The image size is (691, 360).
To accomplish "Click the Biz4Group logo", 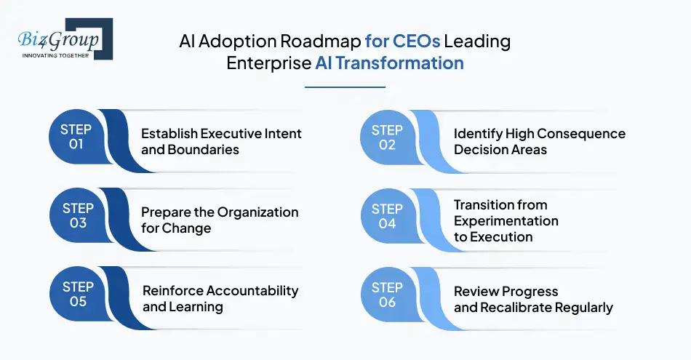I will tap(62, 38).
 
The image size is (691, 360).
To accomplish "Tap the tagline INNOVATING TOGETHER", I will tap(55, 55).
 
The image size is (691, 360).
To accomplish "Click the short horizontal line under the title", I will tap(344, 87).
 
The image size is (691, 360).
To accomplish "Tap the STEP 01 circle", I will tap(76, 137).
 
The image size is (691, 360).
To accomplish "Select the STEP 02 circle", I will tap(387, 137).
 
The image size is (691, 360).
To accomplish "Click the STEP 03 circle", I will tap(76, 216).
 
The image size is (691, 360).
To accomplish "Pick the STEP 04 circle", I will tap(387, 216).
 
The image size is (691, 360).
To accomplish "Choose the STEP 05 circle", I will tap(76, 295).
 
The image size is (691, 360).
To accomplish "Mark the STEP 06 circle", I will tap(387, 295).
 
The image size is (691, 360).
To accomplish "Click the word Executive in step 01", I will tap(231, 134).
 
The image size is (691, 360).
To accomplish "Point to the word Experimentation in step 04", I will tap(506, 220).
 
